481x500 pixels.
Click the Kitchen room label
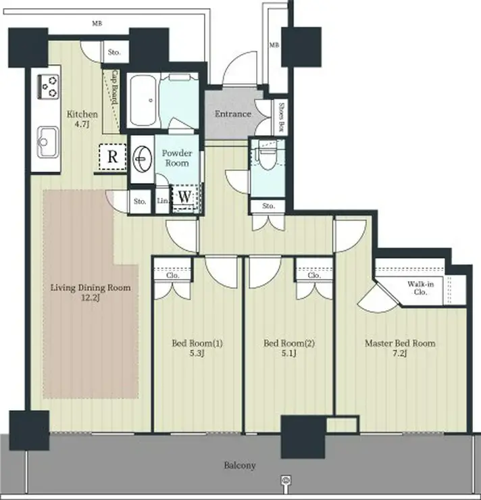click(x=82, y=114)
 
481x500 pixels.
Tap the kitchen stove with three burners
click(x=49, y=86)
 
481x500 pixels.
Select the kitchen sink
click(x=48, y=142)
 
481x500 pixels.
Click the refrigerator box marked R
click(x=112, y=157)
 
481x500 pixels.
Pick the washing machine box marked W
click(x=184, y=197)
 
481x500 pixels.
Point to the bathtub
click(x=143, y=100)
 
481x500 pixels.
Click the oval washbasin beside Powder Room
click(x=142, y=159)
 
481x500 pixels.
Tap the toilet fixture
click(x=267, y=155)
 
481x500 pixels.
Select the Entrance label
click(x=232, y=114)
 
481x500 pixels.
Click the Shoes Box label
click(x=282, y=114)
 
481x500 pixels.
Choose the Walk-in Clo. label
click(x=421, y=288)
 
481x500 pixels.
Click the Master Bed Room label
click(x=400, y=343)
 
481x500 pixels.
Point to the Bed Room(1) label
click(x=197, y=343)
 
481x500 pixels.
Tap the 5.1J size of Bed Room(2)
click(x=289, y=353)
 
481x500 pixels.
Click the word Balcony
click(x=240, y=466)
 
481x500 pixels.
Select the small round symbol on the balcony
click(x=286, y=478)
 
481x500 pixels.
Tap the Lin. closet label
click(x=163, y=201)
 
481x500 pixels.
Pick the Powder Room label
click(x=177, y=158)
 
